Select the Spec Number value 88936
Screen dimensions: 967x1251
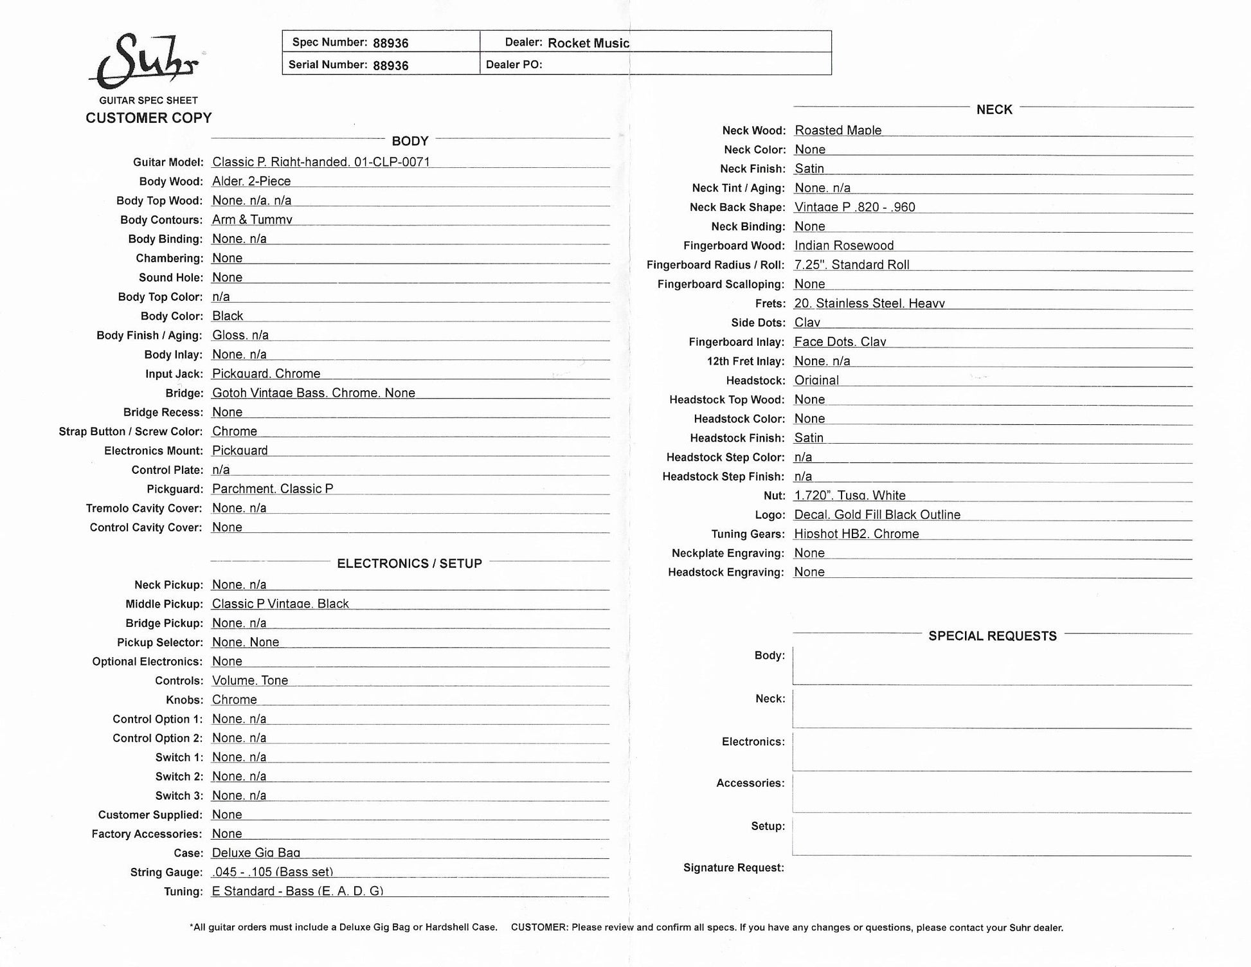[x=390, y=43]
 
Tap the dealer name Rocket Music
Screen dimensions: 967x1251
[x=588, y=43]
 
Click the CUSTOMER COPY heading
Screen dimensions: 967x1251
[x=148, y=118]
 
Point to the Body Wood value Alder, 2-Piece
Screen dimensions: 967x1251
[x=251, y=181]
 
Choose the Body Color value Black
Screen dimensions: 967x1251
[x=228, y=316]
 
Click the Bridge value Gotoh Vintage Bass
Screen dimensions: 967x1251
[x=313, y=393]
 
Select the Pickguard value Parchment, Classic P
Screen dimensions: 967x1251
[x=273, y=489]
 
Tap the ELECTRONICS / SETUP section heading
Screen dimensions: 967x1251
[x=410, y=564]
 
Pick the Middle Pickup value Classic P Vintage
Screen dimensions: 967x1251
[x=280, y=604]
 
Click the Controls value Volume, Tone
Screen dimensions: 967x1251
[x=250, y=680]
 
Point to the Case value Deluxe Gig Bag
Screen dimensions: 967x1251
[x=256, y=853]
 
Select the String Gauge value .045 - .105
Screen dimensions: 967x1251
[x=272, y=872]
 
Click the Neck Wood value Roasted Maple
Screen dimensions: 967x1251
[x=838, y=130]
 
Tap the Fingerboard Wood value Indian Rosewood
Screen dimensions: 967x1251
[x=843, y=246]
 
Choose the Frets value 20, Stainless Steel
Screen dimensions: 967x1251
[x=869, y=303]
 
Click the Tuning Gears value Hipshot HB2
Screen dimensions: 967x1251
[x=856, y=534]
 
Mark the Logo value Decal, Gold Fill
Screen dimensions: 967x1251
[x=877, y=514]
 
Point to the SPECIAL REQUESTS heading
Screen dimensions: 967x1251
[x=992, y=636]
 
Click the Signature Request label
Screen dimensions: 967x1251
[x=733, y=868]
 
